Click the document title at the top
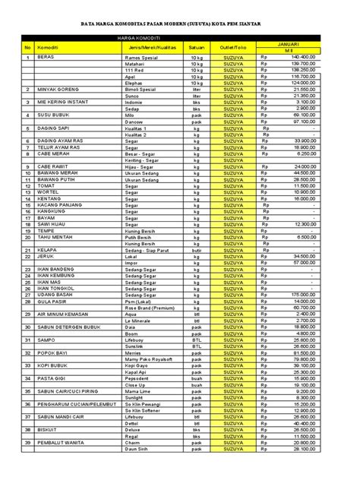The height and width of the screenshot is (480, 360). (x=180, y=24)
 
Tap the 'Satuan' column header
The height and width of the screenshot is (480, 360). (x=197, y=47)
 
